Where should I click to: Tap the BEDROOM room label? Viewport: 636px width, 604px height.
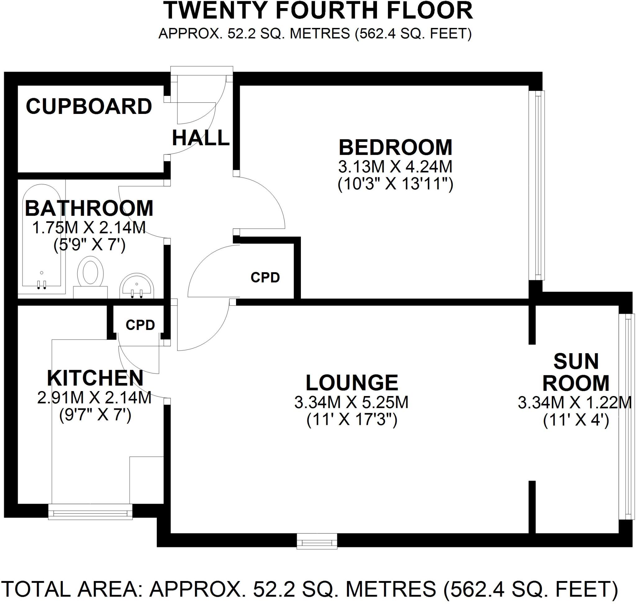click(395, 148)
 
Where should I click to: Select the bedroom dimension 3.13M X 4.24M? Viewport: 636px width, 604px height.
click(395, 167)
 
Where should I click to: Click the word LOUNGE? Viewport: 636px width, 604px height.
click(352, 383)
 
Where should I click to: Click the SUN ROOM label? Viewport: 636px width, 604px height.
click(576, 372)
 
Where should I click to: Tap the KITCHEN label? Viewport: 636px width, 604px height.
click(95, 378)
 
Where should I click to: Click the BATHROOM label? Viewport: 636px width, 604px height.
click(89, 209)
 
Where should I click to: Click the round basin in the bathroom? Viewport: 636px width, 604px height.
click(137, 286)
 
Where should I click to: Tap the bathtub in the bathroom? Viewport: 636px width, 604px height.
click(41, 235)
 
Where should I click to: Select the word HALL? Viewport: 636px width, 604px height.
click(200, 138)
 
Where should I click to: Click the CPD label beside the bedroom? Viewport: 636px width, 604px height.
click(265, 277)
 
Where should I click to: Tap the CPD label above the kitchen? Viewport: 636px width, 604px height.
click(140, 325)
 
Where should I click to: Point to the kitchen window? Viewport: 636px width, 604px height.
click(90, 512)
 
